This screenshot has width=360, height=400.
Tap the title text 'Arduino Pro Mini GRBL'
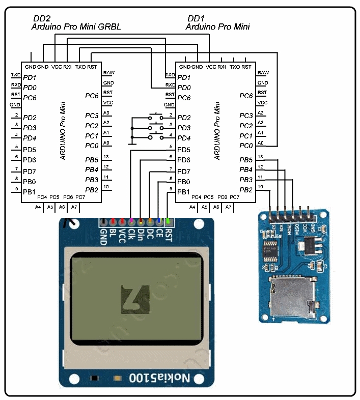click(x=76, y=26)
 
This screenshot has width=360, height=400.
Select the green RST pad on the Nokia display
click(x=168, y=222)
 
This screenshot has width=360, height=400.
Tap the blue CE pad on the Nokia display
click(x=159, y=222)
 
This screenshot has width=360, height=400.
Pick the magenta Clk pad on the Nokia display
click(x=131, y=222)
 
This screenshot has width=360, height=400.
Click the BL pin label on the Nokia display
click(x=113, y=234)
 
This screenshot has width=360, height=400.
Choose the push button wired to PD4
click(x=155, y=137)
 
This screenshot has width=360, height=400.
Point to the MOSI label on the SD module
click(x=290, y=229)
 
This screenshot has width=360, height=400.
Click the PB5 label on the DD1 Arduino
click(x=246, y=160)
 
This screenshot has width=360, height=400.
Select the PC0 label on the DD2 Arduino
click(x=92, y=146)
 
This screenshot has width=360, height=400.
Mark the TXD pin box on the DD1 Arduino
click(x=170, y=75)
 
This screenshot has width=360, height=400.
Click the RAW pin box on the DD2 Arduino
click(x=108, y=73)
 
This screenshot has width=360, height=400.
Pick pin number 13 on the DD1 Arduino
click(x=261, y=157)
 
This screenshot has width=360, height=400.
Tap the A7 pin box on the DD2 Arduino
click(x=74, y=207)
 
